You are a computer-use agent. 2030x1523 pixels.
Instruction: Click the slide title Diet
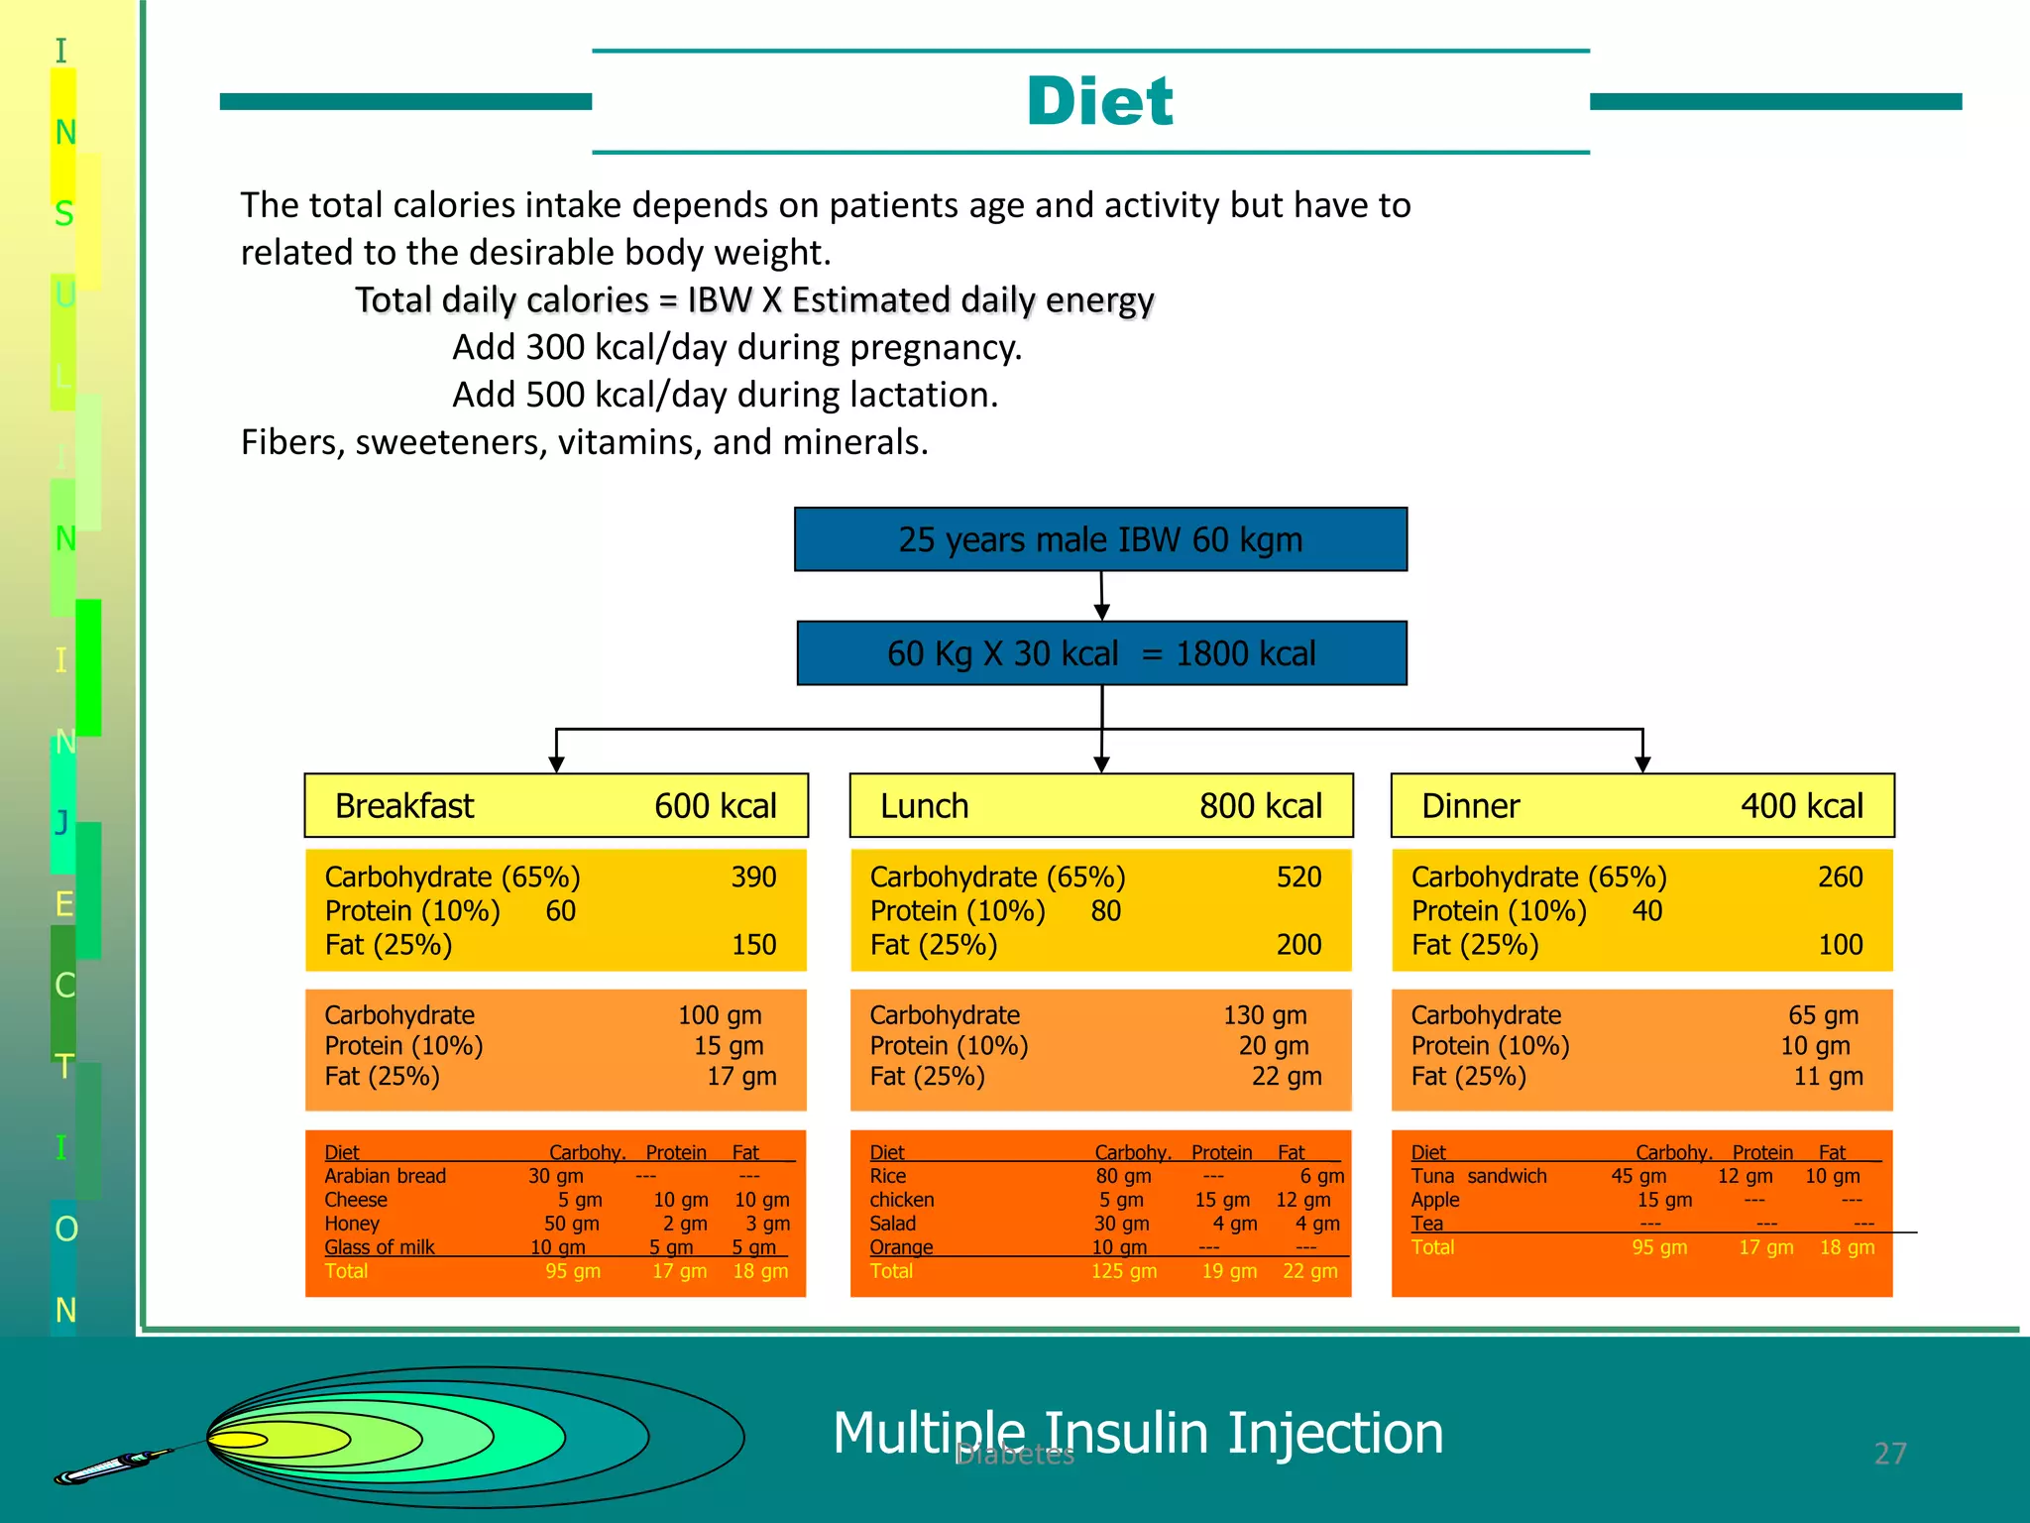coord(1099,101)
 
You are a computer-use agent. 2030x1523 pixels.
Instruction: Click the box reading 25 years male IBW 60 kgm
coord(1100,539)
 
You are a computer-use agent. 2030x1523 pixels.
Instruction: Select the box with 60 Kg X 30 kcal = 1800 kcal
coord(1101,653)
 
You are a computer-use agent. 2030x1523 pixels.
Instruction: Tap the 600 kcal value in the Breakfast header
coord(715,806)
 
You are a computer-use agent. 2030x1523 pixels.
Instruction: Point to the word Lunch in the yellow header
coord(924,806)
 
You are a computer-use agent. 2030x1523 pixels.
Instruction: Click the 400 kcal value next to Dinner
coord(1801,806)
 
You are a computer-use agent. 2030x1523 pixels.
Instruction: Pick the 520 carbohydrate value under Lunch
coord(1298,878)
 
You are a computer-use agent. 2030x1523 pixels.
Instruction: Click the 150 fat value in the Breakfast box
coord(753,945)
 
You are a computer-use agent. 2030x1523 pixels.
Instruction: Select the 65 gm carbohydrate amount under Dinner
coord(1823,1015)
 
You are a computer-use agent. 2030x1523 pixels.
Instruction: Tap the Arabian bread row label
coord(385,1176)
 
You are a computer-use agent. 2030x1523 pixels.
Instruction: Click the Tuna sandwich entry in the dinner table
coord(1479,1176)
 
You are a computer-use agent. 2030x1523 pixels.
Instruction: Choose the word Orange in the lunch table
coord(901,1247)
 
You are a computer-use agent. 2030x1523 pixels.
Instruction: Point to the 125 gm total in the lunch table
coord(1123,1271)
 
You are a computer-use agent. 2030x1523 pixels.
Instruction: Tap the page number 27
coord(1889,1454)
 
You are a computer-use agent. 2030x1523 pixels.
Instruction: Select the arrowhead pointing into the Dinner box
coord(1642,763)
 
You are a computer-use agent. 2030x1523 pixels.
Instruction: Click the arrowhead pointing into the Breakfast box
coord(556,763)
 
